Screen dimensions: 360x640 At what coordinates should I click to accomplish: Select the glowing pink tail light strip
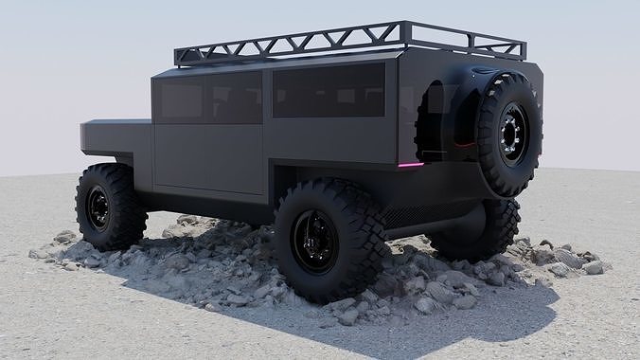[x=413, y=164]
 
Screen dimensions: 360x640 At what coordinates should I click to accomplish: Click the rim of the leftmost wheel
[x=98, y=207]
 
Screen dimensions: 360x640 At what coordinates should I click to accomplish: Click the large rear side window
[x=329, y=91]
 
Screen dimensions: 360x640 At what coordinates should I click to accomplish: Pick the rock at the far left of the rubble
[x=38, y=253]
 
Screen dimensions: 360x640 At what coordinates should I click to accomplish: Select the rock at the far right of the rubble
[x=593, y=267]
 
